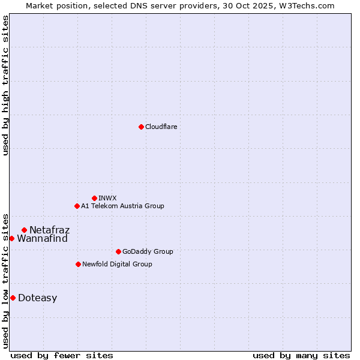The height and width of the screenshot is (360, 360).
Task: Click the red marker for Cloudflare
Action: click(x=141, y=127)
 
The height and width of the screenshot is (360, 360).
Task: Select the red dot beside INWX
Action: click(x=94, y=198)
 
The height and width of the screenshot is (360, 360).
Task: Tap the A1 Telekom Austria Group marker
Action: click(x=77, y=206)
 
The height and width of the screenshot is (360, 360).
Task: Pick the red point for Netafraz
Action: click(x=24, y=230)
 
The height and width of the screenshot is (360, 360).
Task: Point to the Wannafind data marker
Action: click(x=11, y=238)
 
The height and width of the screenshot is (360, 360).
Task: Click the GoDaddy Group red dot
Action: click(x=118, y=251)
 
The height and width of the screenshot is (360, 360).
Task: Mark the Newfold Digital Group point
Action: click(x=78, y=264)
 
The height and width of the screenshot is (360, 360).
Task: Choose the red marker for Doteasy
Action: click(x=13, y=298)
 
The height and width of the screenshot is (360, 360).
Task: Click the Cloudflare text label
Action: click(x=161, y=127)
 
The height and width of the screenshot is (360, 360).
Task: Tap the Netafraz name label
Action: click(x=49, y=230)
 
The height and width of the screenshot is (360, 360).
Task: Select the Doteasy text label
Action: click(x=37, y=298)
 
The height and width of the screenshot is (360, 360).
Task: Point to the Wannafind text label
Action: click(x=42, y=238)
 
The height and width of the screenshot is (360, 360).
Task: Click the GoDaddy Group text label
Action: click(x=147, y=251)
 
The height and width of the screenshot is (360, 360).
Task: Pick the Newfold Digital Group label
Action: click(x=117, y=264)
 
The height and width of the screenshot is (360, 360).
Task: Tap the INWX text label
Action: click(x=107, y=198)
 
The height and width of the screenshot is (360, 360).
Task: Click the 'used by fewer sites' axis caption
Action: click(x=62, y=355)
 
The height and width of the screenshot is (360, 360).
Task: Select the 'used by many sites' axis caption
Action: click(x=301, y=355)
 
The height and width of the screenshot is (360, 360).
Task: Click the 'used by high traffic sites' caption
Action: click(x=5, y=85)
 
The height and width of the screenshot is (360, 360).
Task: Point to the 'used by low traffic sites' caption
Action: click(x=5, y=281)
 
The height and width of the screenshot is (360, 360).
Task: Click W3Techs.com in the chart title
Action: click(x=309, y=5)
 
